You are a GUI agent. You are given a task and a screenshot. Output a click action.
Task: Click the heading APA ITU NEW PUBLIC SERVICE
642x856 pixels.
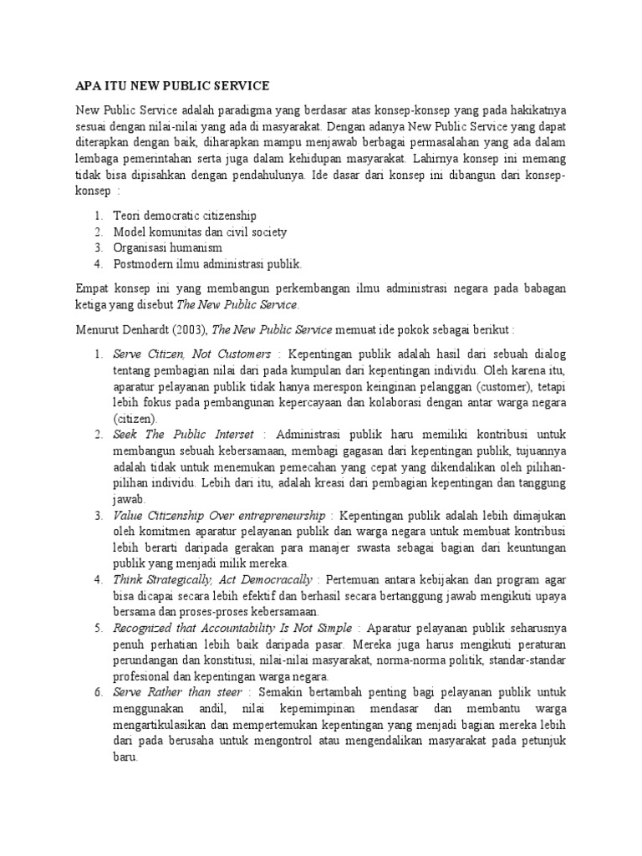pyautogui.click(x=172, y=85)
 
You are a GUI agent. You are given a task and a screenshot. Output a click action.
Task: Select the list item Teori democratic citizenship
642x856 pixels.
pyautogui.click(x=185, y=216)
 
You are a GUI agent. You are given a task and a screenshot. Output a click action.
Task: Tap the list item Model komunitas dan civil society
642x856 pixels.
pyautogui.click(x=201, y=232)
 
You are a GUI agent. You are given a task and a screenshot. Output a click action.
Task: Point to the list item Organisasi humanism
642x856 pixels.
pyautogui.click(x=168, y=247)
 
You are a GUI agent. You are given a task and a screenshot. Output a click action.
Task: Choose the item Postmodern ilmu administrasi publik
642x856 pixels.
pyautogui.click(x=207, y=264)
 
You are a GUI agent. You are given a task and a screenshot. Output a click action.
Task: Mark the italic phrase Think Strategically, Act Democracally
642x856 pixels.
pyautogui.click(x=213, y=579)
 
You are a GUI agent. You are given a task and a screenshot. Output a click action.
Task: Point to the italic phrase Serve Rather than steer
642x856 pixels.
pyautogui.click(x=177, y=692)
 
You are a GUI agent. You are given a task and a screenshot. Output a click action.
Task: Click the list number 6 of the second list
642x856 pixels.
pyautogui.click(x=98, y=692)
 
